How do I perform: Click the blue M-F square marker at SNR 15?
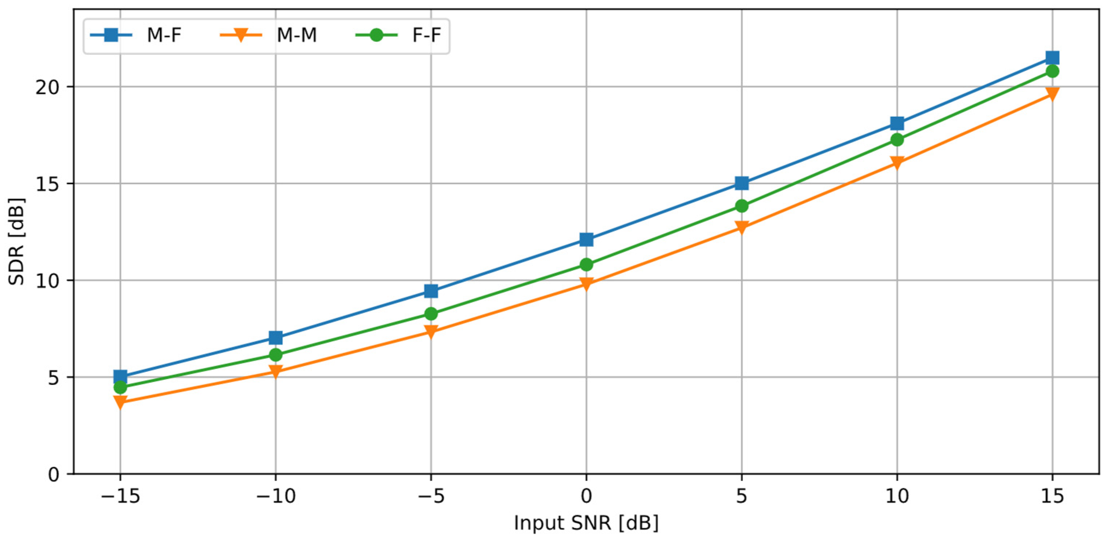point(1052,57)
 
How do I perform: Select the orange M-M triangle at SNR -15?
point(120,402)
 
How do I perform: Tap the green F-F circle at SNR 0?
point(586,265)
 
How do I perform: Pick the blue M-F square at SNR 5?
point(742,183)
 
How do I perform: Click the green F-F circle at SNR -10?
point(276,354)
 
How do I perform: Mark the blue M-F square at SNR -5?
point(431,291)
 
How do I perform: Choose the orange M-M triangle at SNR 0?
point(586,283)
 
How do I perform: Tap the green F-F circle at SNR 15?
point(1052,71)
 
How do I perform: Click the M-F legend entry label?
point(164,35)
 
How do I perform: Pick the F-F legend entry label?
point(426,35)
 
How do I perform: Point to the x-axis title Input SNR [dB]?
point(586,523)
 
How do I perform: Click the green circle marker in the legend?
point(376,35)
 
